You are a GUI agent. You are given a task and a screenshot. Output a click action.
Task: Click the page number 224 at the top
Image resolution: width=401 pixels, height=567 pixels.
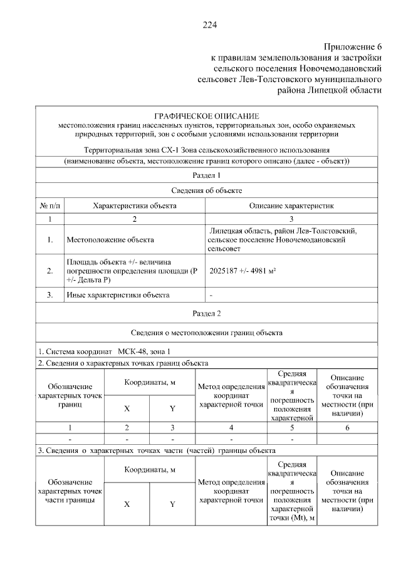coord(209,25)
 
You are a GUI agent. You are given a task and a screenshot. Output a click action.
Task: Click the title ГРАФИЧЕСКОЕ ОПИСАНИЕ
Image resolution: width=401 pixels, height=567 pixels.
coord(206,117)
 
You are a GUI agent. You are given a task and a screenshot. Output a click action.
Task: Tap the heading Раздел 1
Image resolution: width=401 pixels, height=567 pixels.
coord(207,176)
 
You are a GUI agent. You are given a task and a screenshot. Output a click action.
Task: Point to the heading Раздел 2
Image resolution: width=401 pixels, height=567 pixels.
coord(207,312)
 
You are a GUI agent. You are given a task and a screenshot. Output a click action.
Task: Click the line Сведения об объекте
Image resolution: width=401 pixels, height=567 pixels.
coord(207,190)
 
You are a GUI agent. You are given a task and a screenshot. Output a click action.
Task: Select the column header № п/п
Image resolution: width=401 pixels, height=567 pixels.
coord(49,205)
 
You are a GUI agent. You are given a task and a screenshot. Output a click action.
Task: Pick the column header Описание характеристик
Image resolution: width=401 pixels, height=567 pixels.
coord(292,205)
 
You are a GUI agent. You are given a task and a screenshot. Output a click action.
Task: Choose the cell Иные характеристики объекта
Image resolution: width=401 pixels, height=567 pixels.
coord(117,294)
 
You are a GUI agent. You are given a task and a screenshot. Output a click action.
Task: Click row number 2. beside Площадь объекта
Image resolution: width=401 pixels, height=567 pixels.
coord(49,271)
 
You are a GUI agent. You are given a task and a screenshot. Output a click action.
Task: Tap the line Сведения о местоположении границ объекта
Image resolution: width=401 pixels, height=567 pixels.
coord(207,332)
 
